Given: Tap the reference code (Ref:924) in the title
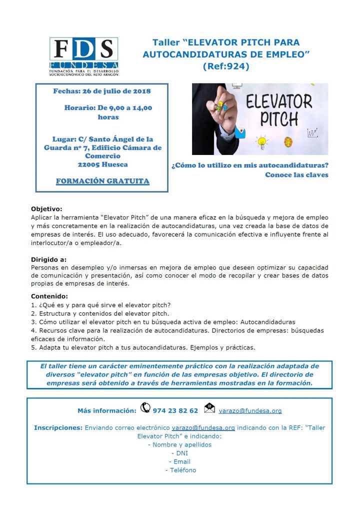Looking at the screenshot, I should pos(225,65).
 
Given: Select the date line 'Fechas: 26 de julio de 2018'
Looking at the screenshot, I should pos(102,91).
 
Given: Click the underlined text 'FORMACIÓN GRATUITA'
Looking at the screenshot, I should pos(102,181).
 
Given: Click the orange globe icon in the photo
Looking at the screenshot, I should pos(288,141).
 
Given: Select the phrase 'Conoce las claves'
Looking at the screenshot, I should pos(296,174).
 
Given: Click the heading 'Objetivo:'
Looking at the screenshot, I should pos(46,208).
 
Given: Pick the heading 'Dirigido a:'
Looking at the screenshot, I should pos(48,259).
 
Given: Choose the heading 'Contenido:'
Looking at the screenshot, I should pos(48,295).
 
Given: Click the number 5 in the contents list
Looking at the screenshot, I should pos(33,347).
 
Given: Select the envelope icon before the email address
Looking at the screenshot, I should pos(210,408).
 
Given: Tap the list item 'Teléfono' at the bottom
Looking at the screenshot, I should pos(180,470).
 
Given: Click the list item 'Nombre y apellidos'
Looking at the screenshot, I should pos(180,444).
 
